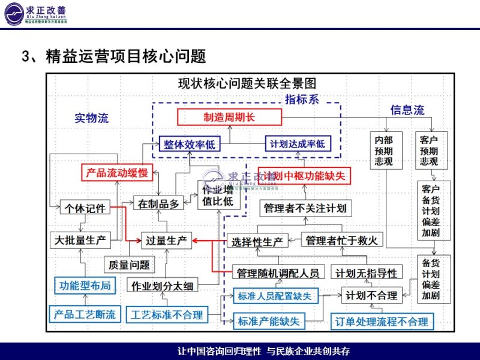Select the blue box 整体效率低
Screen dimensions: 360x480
[189, 144]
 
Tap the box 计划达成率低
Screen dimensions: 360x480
[297, 144]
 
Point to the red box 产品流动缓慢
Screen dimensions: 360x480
[117, 173]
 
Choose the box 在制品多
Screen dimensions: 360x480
[159, 204]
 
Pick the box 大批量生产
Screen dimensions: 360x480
[80, 241]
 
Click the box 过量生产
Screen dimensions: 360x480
[166, 241]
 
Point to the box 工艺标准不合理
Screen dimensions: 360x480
[167, 314]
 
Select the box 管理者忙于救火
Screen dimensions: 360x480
[341, 241]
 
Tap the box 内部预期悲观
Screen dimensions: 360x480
[384, 150]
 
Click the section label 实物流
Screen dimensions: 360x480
[91, 118]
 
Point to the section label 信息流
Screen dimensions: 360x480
[407, 110]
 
